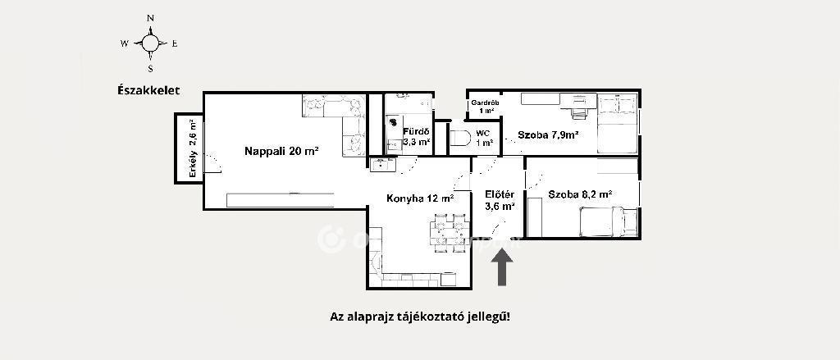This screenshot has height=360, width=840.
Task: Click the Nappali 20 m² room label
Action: (x=282, y=151)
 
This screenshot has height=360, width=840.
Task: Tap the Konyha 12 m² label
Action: (x=421, y=198)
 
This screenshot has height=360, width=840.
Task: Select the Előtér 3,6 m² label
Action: (x=500, y=200)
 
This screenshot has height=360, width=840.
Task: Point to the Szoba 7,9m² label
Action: (x=547, y=135)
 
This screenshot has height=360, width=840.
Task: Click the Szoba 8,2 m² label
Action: (x=580, y=194)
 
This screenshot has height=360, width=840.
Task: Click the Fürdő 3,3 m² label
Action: (x=417, y=136)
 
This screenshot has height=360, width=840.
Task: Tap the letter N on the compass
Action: (x=151, y=18)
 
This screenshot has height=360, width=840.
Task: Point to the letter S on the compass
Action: (x=151, y=68)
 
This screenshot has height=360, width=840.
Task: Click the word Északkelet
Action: (x=148, y=90)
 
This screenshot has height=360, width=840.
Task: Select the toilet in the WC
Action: (x=459, y=139)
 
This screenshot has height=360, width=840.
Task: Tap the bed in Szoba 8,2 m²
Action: (x=608, y=221)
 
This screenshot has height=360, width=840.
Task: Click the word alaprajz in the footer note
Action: (x=367, y=317)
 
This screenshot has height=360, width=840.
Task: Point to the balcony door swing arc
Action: (x=215, y=160)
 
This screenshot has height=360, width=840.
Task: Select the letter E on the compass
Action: (x=175, y=44)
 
